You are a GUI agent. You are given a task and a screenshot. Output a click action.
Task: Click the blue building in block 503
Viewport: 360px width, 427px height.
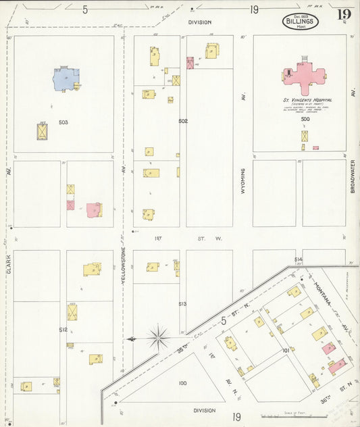[66, 79]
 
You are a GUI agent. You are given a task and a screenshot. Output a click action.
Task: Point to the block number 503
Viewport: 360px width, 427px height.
[63, 122]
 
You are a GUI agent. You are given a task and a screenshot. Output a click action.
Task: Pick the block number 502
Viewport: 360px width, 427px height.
[182, 121]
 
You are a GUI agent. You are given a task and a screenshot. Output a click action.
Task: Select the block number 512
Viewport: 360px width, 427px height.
[63, 330]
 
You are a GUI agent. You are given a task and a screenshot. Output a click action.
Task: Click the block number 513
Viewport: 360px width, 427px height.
[182, 304]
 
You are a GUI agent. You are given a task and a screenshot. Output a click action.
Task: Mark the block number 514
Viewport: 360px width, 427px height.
[298, 259]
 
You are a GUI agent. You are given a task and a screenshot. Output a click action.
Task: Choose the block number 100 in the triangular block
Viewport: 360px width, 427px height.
[182, 383]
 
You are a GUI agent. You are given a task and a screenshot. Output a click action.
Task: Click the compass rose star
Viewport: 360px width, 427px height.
[158, 336]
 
